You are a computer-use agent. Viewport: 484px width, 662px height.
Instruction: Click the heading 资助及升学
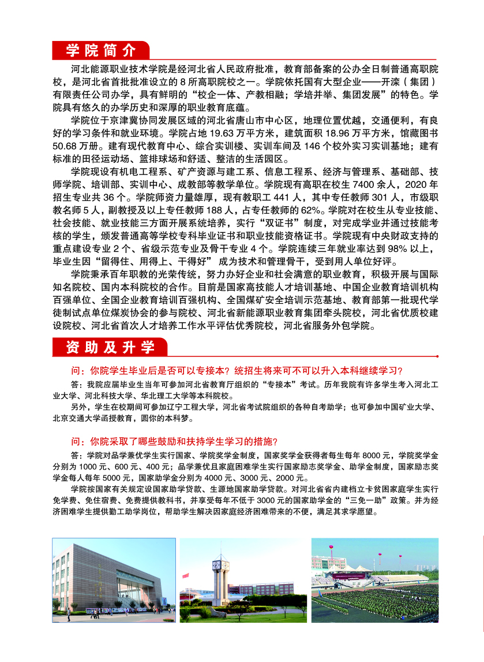pyautogui.click(x=110, y=347)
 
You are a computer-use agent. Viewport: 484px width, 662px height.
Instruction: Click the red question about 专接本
pyautogui.click(x=236, y=370)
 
